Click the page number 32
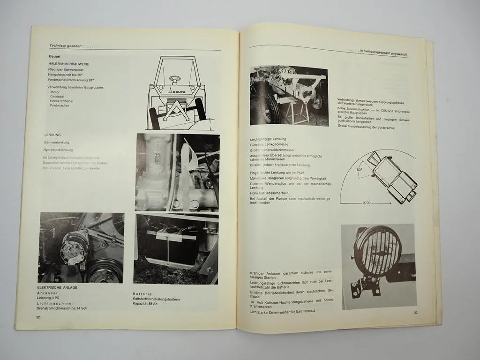[x=38, y=317]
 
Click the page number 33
[x=415, y=313]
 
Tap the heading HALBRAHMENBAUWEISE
[x=69, y=63]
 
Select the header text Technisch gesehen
[x=69, y=45]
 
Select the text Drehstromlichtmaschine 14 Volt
[x=62, y=308]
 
